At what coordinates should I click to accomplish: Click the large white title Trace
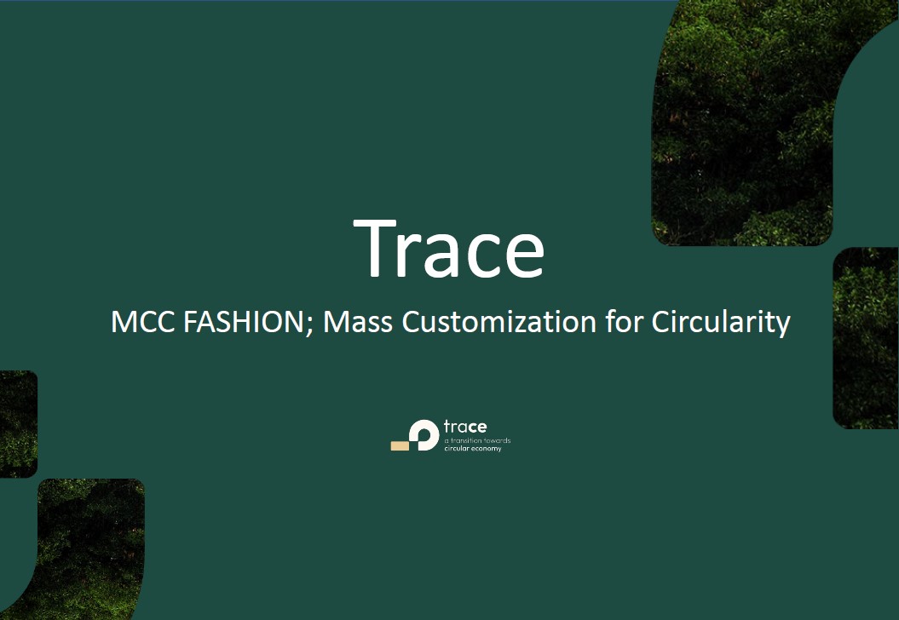point(449,249)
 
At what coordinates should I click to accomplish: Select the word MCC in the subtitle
point(143,321)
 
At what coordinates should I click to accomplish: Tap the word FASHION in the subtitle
point(243,321)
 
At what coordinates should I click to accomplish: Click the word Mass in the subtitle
point(358,321)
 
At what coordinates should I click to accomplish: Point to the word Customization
point(498,321)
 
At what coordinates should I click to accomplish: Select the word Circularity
point(721,323)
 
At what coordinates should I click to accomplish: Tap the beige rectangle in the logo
point(400,445)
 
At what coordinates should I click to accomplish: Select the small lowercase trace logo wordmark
point(465,427)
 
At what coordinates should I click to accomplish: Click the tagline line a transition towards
point(477,440)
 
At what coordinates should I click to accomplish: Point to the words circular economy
point(473,449)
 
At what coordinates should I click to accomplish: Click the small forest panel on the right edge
point(866,338)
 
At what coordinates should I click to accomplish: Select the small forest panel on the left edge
point(19,424)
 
